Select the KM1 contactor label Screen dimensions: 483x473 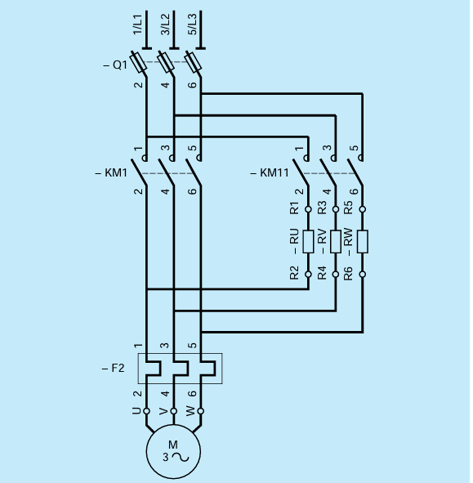click(110, 173)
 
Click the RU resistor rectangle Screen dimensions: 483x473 click(308, 241)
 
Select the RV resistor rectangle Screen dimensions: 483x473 click(335, 241)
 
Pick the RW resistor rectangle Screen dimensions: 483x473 click(363, 241)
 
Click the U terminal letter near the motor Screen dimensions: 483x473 click(136, 410)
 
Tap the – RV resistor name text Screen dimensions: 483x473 click(322, 241)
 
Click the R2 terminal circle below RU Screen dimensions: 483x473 click(308, 275)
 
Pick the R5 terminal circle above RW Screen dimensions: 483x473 click(363, 209)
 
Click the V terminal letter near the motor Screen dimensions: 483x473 click(164, 410)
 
